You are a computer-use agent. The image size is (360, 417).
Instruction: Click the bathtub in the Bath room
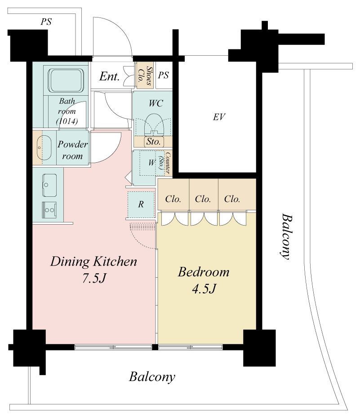pyautogui.click(x=66, y=80)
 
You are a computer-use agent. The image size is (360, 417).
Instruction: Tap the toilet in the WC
pyautogui.click(x=154, y=124)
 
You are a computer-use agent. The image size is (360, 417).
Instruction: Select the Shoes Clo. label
pyautogui.click(x=145, y=75)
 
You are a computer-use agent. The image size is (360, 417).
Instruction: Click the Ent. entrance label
pyautogui.click(x=109, y=76)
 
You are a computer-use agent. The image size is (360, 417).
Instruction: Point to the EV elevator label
pyautogui.click(x=219, y=117)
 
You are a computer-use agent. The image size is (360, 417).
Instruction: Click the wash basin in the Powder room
pyautogui.click(x=44, y=148)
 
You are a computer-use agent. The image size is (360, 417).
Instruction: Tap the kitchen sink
pyautogui.click(x=49, y=185)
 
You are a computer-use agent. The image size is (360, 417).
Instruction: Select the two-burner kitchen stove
pyautogui.click(x=49, y=210)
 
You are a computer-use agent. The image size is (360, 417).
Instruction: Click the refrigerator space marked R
pyautogui.click(x=141, y=204)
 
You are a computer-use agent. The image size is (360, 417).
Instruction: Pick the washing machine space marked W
pyautogui.click(x=151, y=163)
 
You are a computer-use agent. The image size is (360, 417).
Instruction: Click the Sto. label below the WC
pyautogui.click(x=154, y=142)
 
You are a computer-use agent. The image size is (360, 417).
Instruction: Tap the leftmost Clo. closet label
pyautogui.click(x=173, y=199)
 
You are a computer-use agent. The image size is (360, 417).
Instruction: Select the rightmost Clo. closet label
pyautogui.click(x=232, y=199)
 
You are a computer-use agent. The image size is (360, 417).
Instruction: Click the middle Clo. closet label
pyautogui.click(x=203, y=199)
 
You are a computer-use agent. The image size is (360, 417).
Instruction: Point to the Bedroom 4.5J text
pyautogui.click(x=204, y=280)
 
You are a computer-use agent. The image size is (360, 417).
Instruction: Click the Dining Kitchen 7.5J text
pyautogui.click(x=93, y=270)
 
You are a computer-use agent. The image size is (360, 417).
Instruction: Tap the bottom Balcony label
pyautogui.click(x=152, y=377)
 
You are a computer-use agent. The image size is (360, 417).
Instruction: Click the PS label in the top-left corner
pyautogui.click(x=46, y=22)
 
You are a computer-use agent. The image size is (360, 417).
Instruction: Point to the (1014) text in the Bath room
pyautogui.click(x=67, y=121)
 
